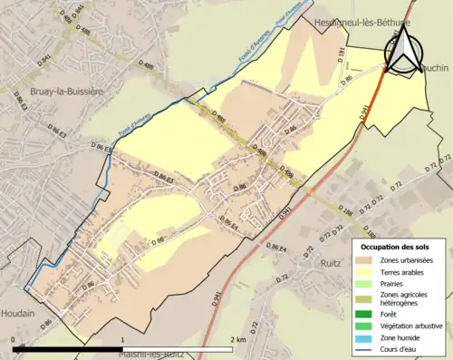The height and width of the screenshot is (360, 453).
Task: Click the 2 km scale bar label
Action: (235, 338)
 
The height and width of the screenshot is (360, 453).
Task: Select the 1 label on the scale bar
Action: (122, 338)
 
